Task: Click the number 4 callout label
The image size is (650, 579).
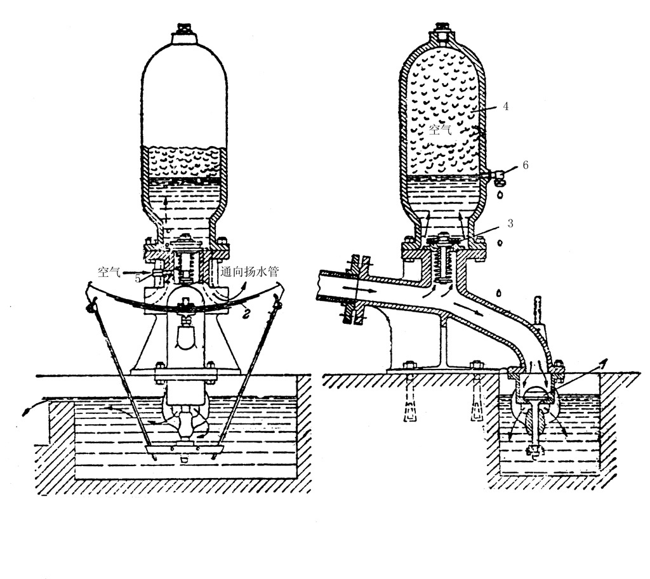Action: (505, 107)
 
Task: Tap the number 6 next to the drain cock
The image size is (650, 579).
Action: (526, 166)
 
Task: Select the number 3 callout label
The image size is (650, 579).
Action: (510, 223)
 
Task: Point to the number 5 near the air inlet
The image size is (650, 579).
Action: (137, 278)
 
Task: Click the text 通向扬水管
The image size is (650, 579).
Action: (249, 272)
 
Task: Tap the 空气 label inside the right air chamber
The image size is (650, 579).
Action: (440, 130)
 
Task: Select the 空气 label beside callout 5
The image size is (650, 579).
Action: (109, 272)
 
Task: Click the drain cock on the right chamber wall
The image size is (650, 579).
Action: (496, 176)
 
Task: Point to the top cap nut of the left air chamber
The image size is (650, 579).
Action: (183, 29)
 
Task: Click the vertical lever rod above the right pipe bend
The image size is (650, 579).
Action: (539, 310)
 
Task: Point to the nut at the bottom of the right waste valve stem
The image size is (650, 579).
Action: (533, 451)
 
